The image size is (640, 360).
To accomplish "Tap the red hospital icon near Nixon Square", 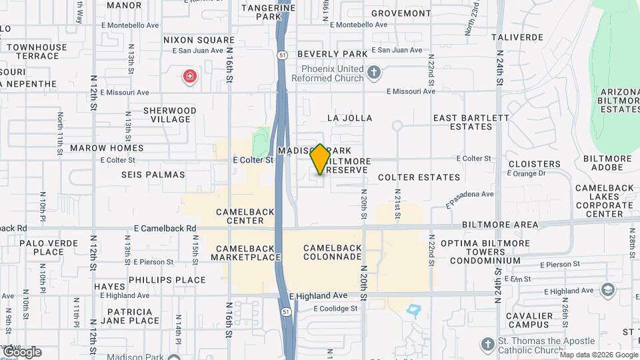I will (x=190, y=76).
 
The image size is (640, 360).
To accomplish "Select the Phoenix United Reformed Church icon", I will (x=374, y=71).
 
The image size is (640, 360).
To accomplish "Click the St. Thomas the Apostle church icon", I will (x=487, y=344).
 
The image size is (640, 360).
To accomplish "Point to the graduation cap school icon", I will (x=608, y=289).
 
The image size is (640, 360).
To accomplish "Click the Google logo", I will (x=22, y=351).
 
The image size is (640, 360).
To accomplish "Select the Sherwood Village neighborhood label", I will (x=171, y=115).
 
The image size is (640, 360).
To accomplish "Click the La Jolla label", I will (x=349, y=118).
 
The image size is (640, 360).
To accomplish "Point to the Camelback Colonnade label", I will (x=332, y=252).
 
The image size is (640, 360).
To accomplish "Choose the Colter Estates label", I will (x=419, y=177).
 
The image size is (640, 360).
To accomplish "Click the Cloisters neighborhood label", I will (x=534, y=164).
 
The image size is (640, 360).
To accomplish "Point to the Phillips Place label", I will (x=167, y=280).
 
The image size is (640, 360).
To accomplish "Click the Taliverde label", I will (x=517, y=37).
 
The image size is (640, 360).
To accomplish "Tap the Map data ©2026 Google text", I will (x=598, y=355).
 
